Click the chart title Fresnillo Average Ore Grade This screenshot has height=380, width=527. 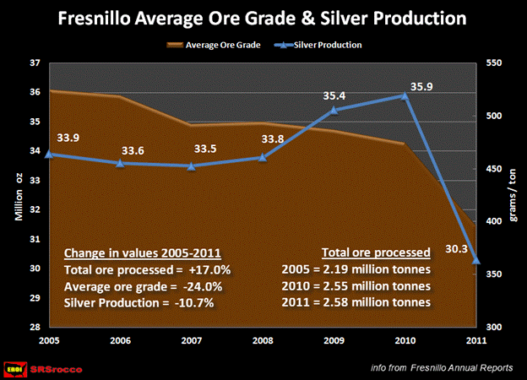point(263,18)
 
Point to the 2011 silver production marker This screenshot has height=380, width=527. point(476,260)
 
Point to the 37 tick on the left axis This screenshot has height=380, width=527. point(34,62)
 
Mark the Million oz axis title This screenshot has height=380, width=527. point(17,194)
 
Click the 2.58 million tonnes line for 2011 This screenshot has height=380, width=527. point(356,302)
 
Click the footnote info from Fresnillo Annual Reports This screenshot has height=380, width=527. point(442,367)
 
